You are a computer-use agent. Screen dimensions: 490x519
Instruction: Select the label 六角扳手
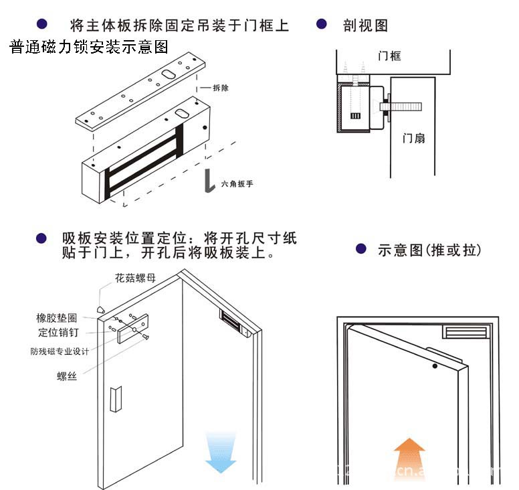pos(237,183)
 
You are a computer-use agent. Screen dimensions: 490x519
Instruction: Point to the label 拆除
pos(220,88)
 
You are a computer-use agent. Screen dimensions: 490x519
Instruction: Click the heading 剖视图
pos(365,25)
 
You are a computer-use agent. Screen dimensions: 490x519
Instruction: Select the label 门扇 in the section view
pos(413,139)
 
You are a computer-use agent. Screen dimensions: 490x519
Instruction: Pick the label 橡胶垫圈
pos(56,318)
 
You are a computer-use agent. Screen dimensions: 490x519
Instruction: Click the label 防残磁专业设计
pos(60,351)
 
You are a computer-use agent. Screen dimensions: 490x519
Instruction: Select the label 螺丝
pos(66,376)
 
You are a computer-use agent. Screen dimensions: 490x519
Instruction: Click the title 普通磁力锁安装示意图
pos(88,47)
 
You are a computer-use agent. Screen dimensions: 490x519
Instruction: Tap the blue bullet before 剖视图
pos(321,24)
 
